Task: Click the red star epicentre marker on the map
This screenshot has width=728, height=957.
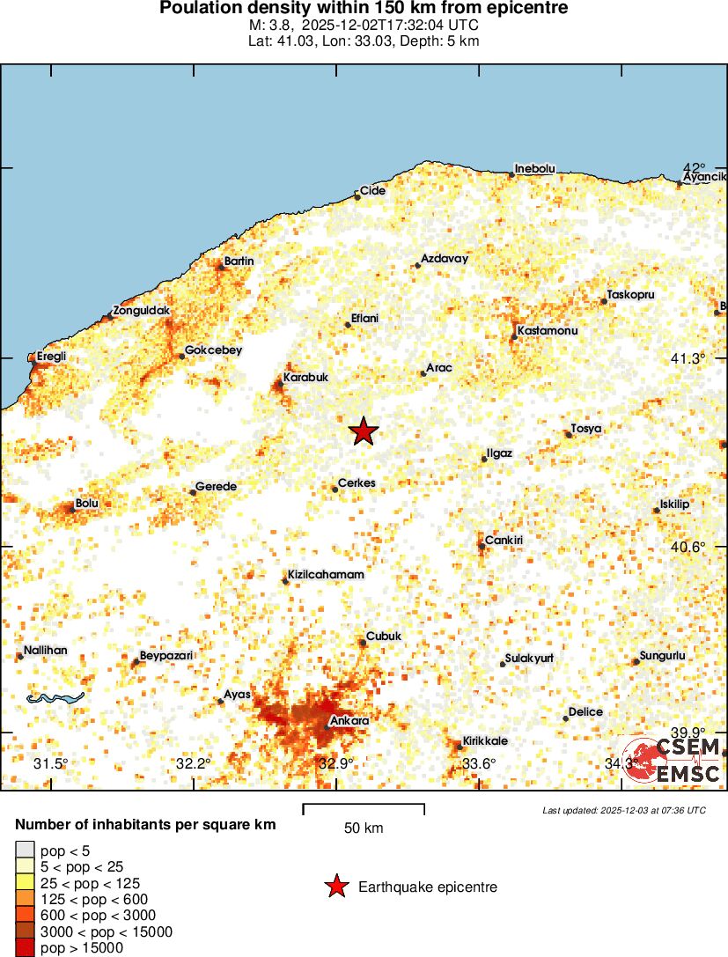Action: [364, 431]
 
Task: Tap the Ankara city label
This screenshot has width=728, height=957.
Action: [349, 720]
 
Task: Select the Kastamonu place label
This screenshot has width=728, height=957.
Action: [548, 330]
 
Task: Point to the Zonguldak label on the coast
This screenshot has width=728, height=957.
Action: [141, 311]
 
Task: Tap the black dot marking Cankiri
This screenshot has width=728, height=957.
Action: [482, 546]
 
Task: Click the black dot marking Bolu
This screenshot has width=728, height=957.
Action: [73, 508]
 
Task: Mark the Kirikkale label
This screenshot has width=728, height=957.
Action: [485, 741]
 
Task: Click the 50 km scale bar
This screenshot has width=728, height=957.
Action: [364, 808]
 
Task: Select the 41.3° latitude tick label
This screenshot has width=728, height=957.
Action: [688, 358]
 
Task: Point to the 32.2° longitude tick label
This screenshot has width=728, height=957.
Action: [194, 763]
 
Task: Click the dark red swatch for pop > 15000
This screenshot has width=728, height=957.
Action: [26, 948]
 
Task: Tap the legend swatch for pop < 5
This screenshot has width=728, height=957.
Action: [26, 850]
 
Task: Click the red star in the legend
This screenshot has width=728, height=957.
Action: [336, 887]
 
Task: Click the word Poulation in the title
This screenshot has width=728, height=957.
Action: [203, 8]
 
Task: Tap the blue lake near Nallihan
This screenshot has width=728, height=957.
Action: [55, 698]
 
